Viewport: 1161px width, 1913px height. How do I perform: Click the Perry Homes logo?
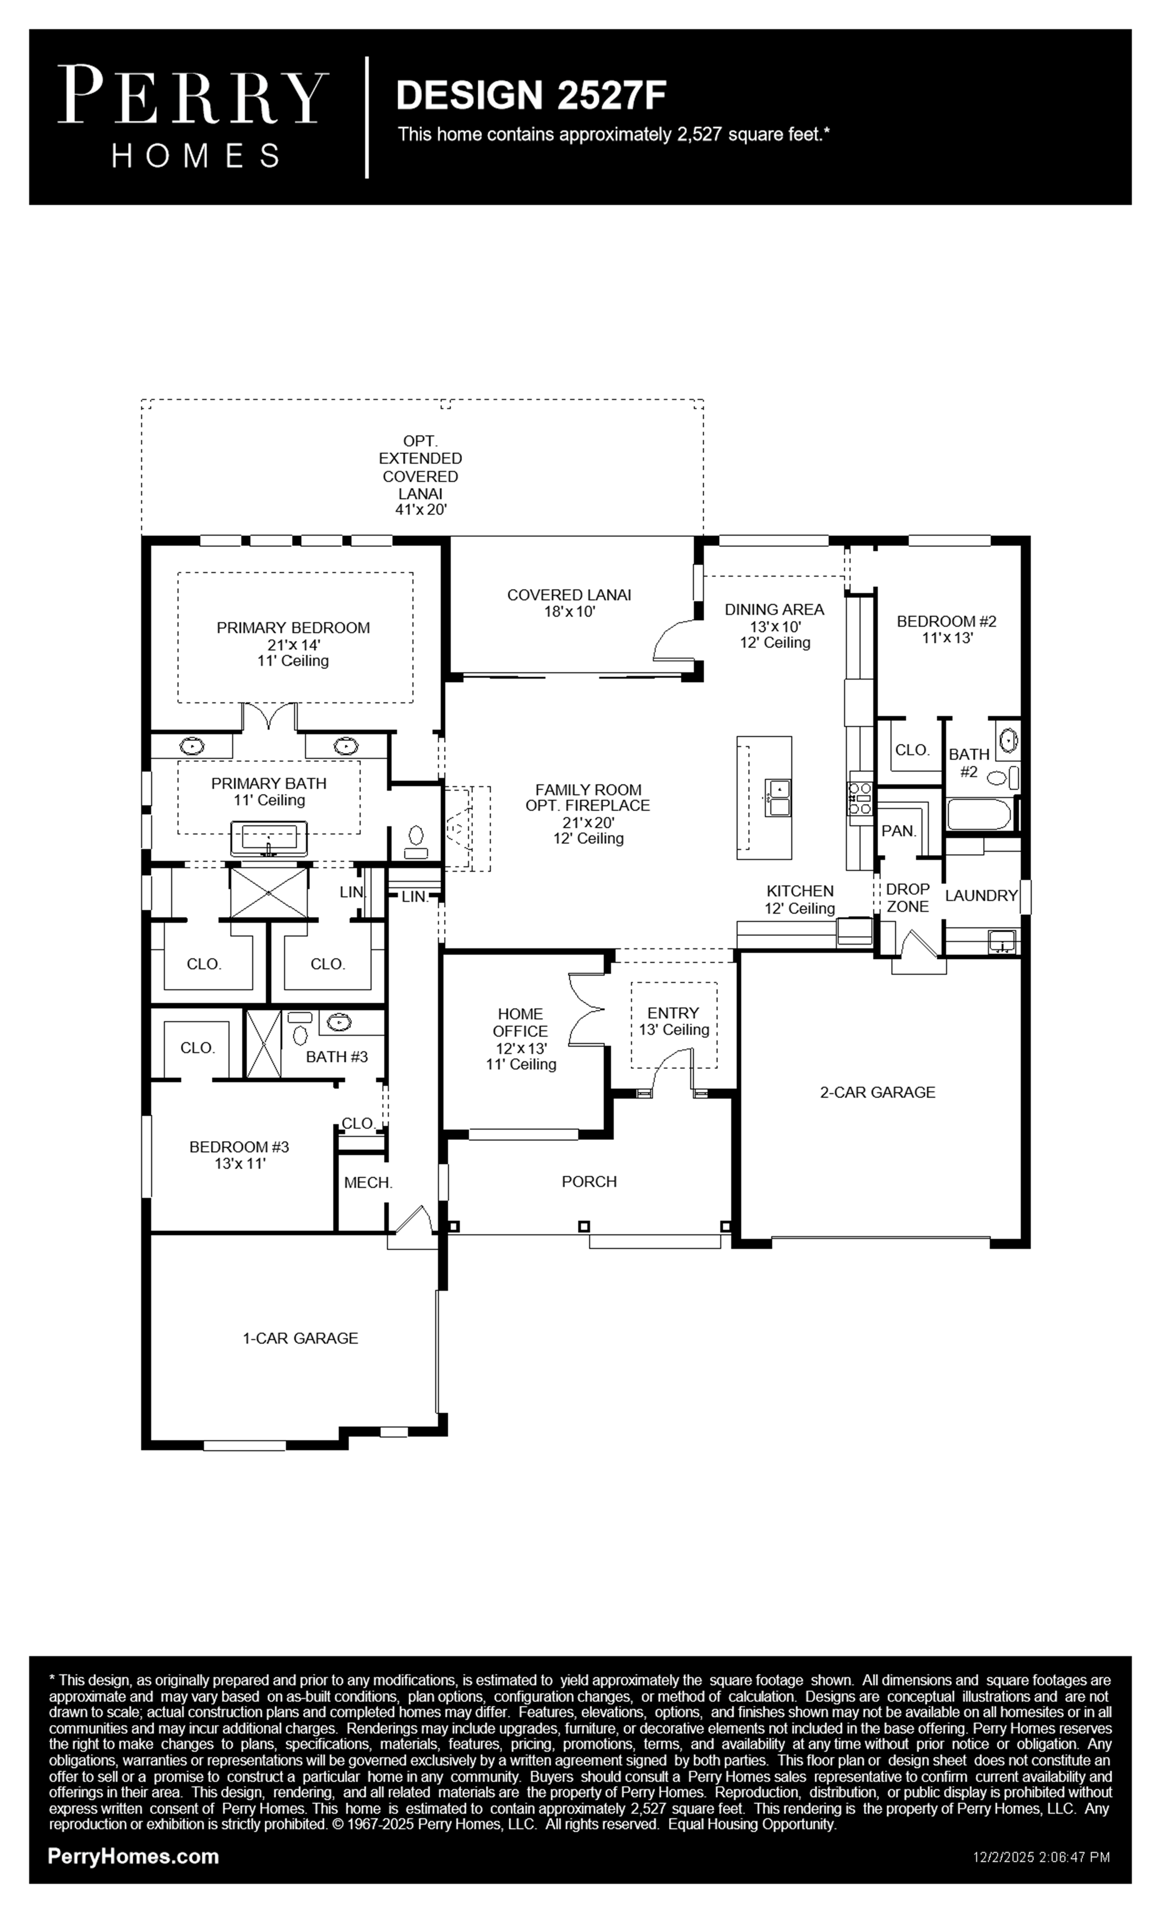tap(193, 117)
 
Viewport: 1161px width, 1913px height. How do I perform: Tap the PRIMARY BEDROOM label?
tap(293, 627)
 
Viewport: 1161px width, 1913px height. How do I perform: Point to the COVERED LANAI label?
tap(569, 595)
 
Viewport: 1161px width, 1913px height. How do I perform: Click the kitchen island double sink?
tap(778, 798)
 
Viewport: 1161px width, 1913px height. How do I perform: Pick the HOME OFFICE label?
tap(520, 1023)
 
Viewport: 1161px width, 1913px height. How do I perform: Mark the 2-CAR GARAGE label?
tap(878, 1092)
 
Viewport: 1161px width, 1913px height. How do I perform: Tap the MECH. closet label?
tap(369, 1182)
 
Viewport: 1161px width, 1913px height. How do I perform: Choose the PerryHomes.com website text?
tap(133, 1857)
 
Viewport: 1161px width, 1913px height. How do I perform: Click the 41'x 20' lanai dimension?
tap(421, 510)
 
